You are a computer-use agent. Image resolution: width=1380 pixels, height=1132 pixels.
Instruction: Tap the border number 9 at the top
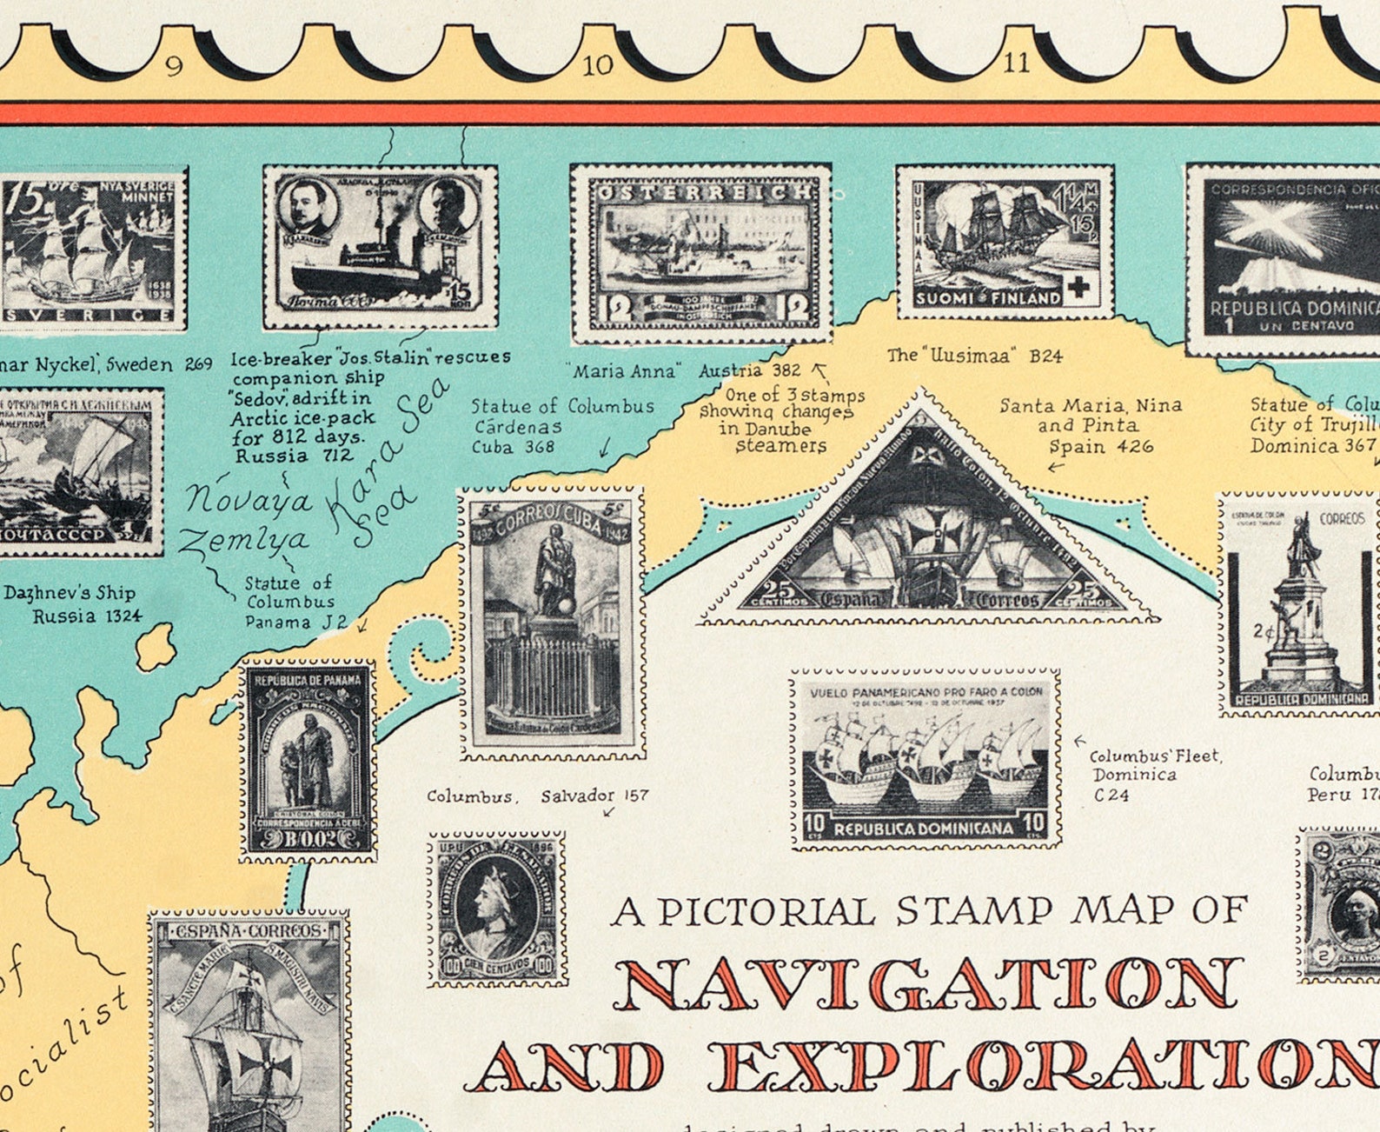pyautogui.click(x=175, y=66)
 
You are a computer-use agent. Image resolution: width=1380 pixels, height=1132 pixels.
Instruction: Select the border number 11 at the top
pyautogui.click(x=1016, y=63)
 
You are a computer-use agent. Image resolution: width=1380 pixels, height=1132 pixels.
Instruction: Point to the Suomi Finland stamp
pyautogui.click(x=1005, y=241)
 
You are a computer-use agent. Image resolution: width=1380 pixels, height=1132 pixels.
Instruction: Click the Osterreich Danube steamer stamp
pyautogui.click(x=700, y=253)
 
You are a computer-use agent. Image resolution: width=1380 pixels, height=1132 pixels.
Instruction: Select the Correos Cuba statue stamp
pyautogui.click(x=552, y=623)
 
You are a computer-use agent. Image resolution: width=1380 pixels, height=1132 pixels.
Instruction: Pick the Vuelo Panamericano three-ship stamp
pyautogui.click(x=926, y=758)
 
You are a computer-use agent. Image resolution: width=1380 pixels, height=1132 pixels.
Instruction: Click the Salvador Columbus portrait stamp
pyautogui.click(x=497, y=909)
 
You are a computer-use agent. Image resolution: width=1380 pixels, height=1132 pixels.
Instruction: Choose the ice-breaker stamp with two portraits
pyautogui.click(x=381, y=247)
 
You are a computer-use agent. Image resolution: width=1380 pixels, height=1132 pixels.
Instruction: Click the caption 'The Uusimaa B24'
pyautogui.click(x=974, y=356)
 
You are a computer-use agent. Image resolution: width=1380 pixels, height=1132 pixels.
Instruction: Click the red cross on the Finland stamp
pyautogui.click(x=1078, y=288)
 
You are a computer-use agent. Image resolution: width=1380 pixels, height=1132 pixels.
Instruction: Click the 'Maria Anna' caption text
pyautogui.click(x=623, y=371)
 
